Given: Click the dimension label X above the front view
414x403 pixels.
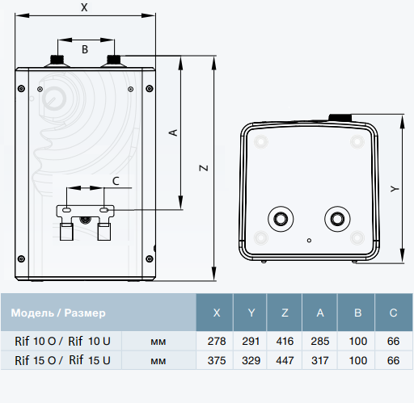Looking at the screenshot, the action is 84,7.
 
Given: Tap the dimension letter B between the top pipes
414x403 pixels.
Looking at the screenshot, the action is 85,49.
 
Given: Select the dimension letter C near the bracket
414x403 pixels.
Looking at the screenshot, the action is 116,181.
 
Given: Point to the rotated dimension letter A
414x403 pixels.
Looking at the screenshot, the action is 174,132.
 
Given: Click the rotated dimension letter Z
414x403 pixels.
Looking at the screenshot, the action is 204,168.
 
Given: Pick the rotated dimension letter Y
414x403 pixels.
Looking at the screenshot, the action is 395,189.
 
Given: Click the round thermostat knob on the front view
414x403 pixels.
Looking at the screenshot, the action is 54,99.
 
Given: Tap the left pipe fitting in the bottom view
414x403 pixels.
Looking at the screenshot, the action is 281,219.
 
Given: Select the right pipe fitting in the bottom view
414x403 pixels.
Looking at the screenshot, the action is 337,219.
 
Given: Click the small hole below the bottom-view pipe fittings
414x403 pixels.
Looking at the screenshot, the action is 309,241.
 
